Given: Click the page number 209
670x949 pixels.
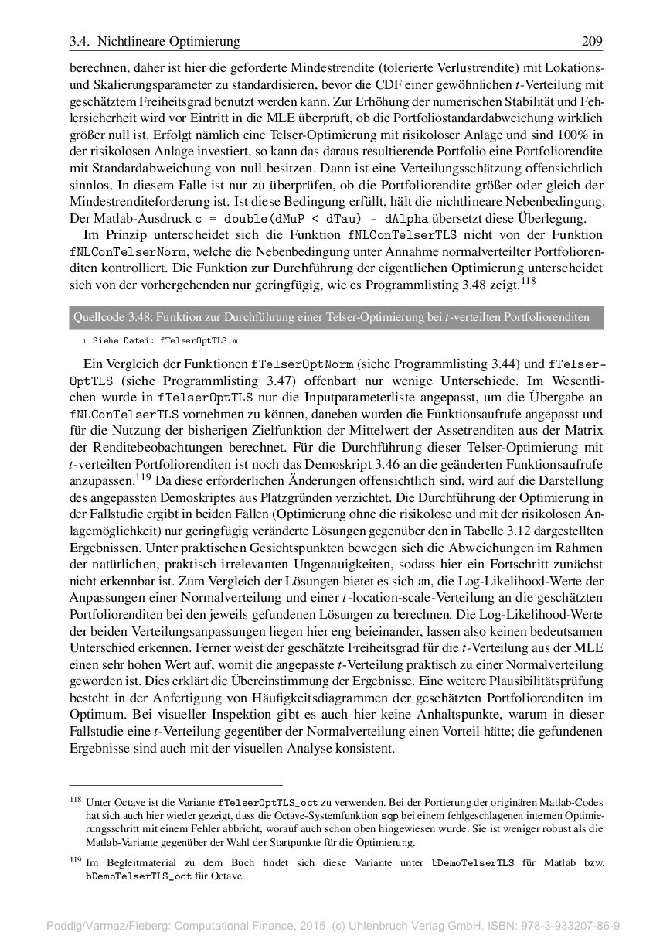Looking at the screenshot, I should click(591, 41).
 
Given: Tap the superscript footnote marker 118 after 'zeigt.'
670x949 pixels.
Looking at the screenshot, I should click(529, 282).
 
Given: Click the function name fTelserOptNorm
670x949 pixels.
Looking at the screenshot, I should click(302, 364).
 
